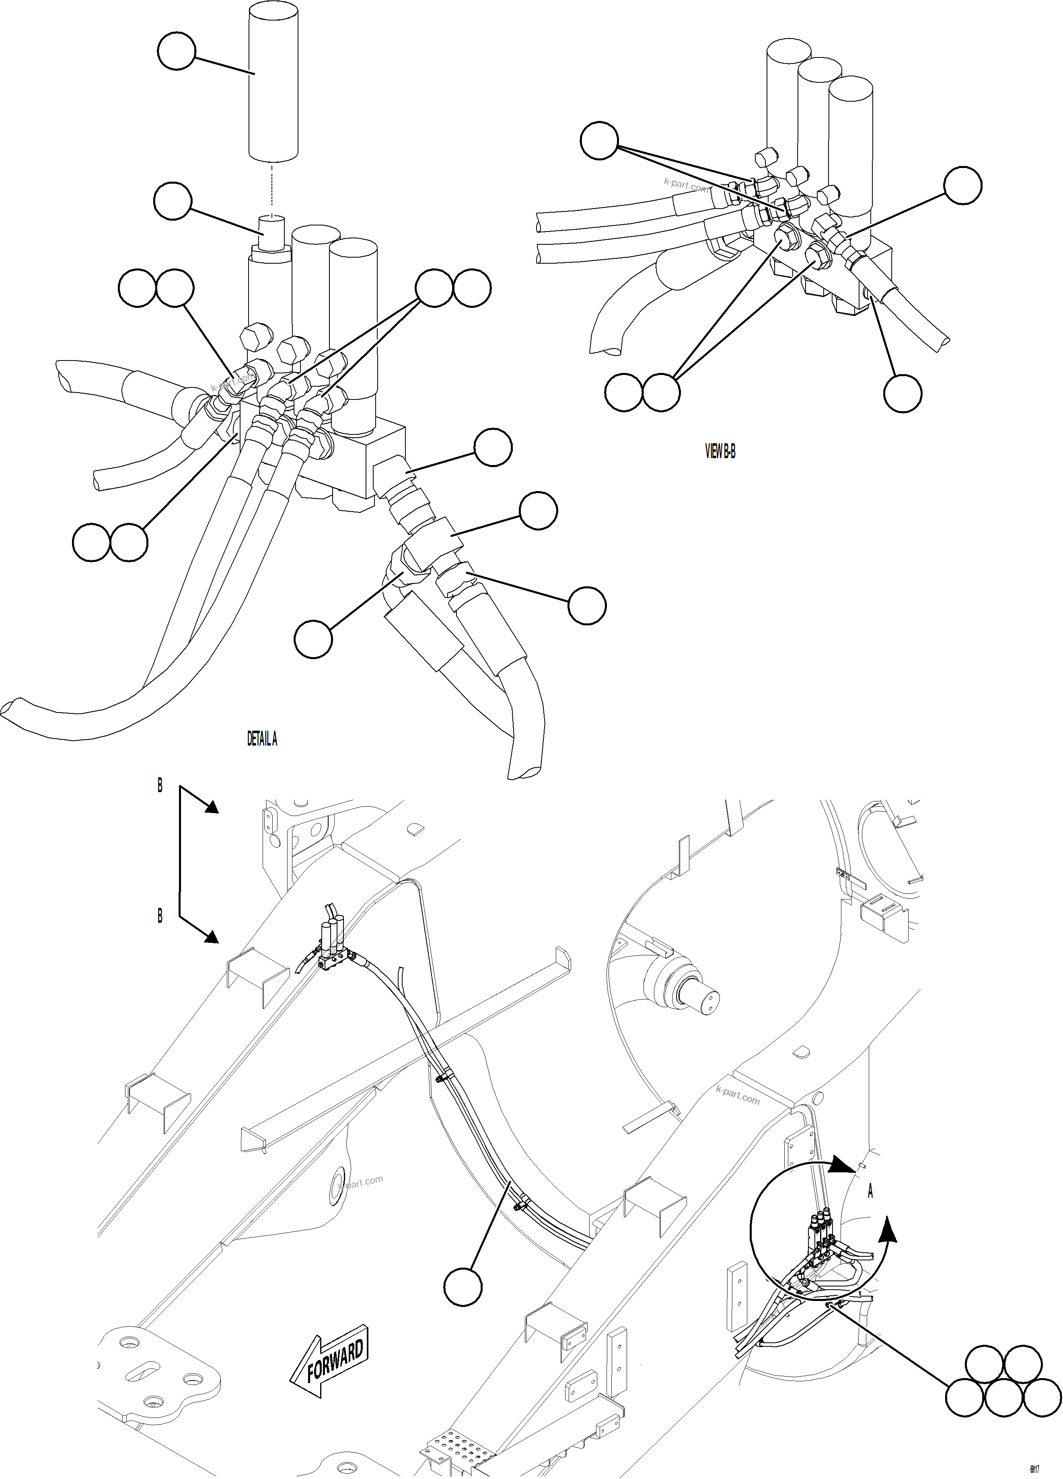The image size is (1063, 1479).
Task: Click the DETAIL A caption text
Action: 262,739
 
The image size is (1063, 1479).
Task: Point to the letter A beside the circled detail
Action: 870,1191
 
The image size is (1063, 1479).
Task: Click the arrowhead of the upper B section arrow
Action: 212,809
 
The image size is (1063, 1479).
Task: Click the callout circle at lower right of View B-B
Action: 903,393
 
